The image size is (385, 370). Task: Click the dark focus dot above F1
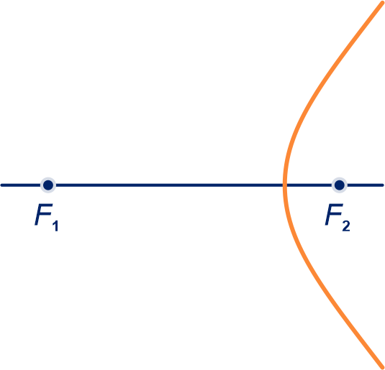click(48, 185)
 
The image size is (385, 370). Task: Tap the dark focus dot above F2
click(340, 185)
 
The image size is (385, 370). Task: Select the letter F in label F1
click(44, 215)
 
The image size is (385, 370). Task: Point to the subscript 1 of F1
click(55, 226)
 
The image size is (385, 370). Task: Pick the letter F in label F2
click(334, 215)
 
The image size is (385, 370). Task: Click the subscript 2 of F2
click(346, 226)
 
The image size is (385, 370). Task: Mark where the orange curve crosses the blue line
click(285, 185)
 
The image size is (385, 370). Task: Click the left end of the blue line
click(1, 185)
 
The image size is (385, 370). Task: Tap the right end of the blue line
click(383, 185)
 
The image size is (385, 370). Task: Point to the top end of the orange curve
click(382, 3)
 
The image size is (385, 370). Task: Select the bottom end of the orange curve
click(382, 367)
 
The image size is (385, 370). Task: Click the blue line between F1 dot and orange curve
click(168, 185)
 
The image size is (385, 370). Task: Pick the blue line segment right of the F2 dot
click(364, 185)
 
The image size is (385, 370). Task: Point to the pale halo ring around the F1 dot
click(48, 178)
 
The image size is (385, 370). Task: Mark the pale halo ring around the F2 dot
click(340, 178)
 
